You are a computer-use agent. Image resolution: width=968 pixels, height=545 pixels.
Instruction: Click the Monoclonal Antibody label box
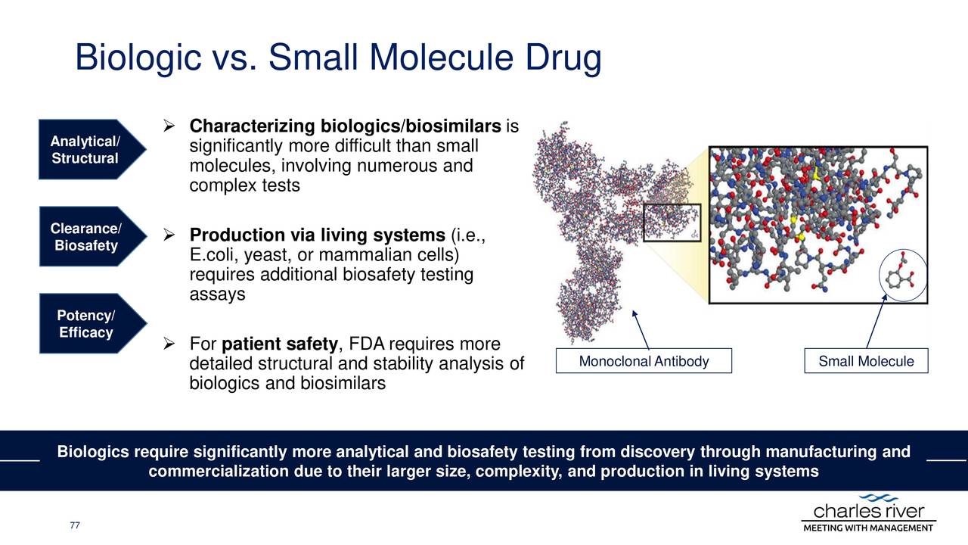pos(644,362)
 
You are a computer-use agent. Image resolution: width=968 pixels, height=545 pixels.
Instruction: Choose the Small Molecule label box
pos(866,362)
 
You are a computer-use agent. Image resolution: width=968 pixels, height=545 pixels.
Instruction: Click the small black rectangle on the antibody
pos(672,223)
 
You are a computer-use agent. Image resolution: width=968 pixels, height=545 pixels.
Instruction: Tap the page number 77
pos(74,525)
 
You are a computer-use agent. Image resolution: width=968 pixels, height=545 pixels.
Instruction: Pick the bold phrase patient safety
pos(281,346)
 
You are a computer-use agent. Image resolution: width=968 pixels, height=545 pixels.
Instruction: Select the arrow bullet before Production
pos(169,238)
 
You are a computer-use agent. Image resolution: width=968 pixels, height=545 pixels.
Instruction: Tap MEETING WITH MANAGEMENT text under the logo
pos(868,528)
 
